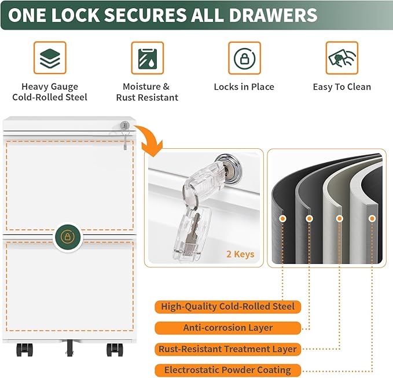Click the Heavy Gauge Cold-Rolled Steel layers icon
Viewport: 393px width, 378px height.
(x=49, y=58)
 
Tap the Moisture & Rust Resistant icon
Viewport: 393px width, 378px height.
(x=147, y=58)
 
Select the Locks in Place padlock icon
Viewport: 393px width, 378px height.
(x=244, y=58)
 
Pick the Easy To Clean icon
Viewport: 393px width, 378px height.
(x=341, y=58)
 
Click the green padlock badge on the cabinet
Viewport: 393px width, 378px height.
(x=68, y=237)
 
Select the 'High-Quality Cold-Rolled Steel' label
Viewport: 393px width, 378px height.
(x=228, y=307)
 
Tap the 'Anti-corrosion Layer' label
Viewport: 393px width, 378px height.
(x=228, y=328)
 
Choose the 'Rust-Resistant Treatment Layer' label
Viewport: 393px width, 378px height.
(x=228, y=349)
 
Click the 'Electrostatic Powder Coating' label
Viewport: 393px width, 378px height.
(x=228, y=370)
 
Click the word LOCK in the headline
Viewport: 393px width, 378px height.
(x=81, y=15)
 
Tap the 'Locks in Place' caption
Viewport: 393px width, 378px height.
(x=244, y=87)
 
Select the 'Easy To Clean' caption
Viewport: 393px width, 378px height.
(x=341, y=87)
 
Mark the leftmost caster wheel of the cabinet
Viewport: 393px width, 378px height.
(x=24, y=350)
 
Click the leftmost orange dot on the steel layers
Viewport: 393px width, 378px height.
(x=283, y=219)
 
